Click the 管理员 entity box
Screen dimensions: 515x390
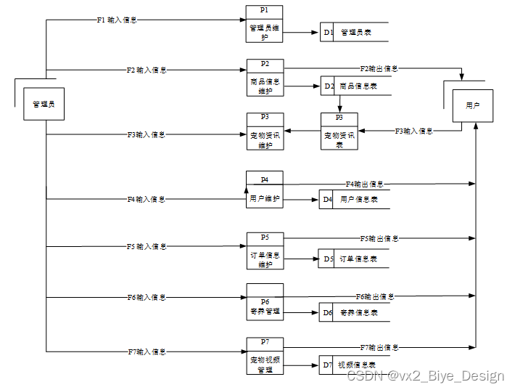(x=44, y=104)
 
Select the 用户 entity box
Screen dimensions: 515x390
(x=472, y=106)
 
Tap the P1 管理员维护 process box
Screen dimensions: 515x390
(x=264, y=25)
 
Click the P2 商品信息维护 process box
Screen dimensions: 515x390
(x=265, y=78)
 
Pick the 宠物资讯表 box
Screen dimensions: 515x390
(x=339, y=131)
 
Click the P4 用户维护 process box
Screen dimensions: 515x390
(x=264, y=190)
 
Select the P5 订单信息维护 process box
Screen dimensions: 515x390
(x=265, y=251)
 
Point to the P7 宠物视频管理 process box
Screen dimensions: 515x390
(x=265, y=356)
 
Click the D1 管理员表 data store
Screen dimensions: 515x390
(x=355, y=33)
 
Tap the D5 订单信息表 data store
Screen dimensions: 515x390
(x=355, y=259)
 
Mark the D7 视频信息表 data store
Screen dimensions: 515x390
(x=355, y=365)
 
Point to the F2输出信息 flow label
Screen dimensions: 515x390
(x=379, y=68)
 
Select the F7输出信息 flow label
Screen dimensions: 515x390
(x=379, y=348)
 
